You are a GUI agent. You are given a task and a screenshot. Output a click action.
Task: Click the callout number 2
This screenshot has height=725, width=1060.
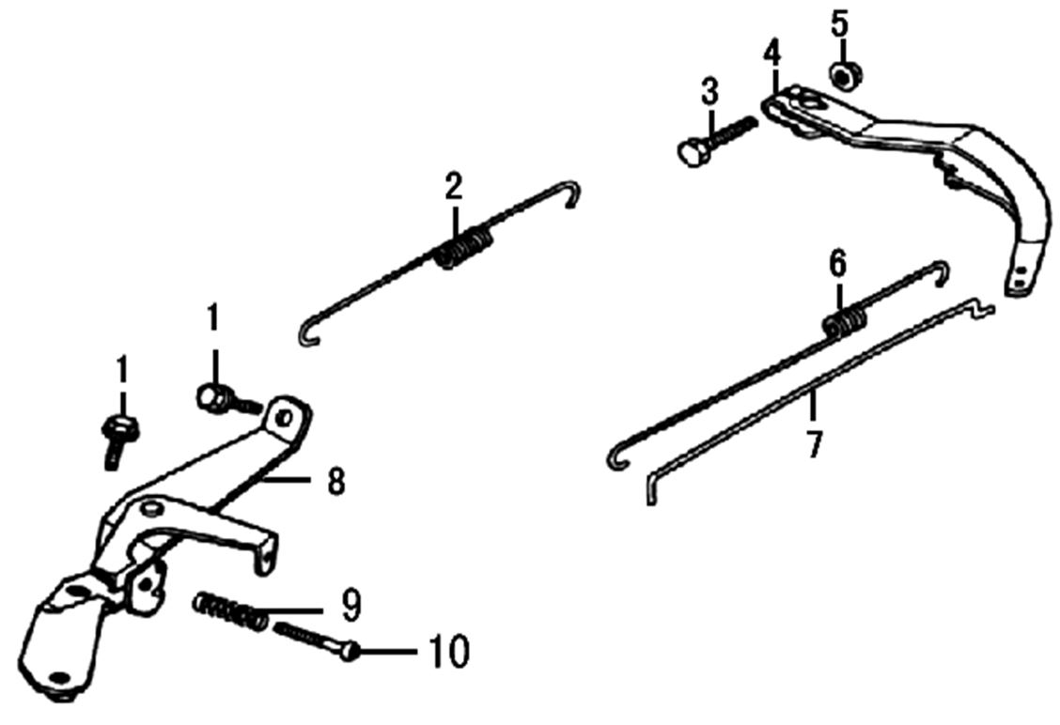click(453, 187)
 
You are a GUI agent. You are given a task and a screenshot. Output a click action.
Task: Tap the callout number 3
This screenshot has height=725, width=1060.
click(709, 93)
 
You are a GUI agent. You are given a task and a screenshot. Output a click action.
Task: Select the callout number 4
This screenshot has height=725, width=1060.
click(772, 53)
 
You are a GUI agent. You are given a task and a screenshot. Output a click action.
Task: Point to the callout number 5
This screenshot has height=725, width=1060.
click(839, 24)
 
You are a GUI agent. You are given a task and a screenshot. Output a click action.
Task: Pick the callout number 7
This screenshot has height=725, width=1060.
click(814, 445)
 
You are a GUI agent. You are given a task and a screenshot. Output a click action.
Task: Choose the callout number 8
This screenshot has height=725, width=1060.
click(336, 483)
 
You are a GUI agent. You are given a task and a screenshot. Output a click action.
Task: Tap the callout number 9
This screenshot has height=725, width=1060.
click(351, 606)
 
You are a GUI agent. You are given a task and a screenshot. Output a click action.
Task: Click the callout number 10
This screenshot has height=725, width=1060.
click(448, 652)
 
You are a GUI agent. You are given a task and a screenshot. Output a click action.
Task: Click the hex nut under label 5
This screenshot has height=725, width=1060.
click(840, 75)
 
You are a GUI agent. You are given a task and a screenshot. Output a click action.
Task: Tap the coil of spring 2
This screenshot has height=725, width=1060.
click(464, 249)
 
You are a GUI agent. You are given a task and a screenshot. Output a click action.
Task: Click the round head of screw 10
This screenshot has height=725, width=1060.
click(350, 652)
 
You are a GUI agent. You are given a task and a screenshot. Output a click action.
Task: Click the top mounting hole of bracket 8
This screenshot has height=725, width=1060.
click(286, 417)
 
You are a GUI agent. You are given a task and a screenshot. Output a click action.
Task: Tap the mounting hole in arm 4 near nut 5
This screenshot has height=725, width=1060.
click(808, 100)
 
